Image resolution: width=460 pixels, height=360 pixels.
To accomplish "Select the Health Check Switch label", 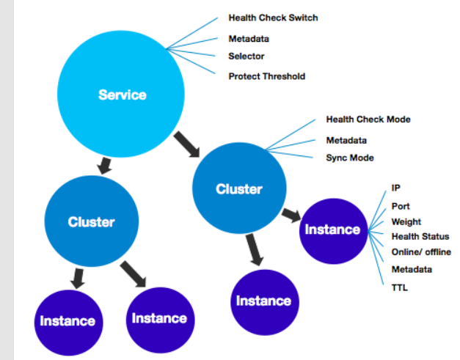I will point(273,18).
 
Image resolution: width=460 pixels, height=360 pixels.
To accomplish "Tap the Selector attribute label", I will point(246,56).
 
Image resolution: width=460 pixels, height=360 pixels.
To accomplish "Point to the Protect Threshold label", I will point(266,76).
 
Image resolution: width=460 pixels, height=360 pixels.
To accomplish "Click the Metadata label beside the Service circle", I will point(249,39).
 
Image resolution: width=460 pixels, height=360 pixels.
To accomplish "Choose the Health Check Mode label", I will point(368,119).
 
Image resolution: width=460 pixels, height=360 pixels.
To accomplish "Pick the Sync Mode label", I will point(349,158).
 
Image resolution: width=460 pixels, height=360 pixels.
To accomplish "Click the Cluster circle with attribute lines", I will point(238,189).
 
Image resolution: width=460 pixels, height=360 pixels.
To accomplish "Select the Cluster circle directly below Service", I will point(91,221).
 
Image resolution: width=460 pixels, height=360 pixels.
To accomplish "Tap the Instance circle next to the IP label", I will point(332,229).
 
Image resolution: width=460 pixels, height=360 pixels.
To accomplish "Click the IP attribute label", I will point(396,188).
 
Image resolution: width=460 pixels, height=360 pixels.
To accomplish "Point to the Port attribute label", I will point(401,207).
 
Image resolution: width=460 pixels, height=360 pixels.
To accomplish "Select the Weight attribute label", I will point(406,221).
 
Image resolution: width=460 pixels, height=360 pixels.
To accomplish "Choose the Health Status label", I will point(420,236).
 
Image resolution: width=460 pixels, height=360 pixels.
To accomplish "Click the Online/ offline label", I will point(421,252).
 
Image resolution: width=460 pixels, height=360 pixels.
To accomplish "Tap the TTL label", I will point(400,287).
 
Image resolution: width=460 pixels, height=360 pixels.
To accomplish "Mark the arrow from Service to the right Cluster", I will point(187,144).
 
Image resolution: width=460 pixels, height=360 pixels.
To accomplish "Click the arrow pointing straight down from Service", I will point(105,165).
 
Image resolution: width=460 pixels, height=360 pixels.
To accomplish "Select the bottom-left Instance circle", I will point(67,321).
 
